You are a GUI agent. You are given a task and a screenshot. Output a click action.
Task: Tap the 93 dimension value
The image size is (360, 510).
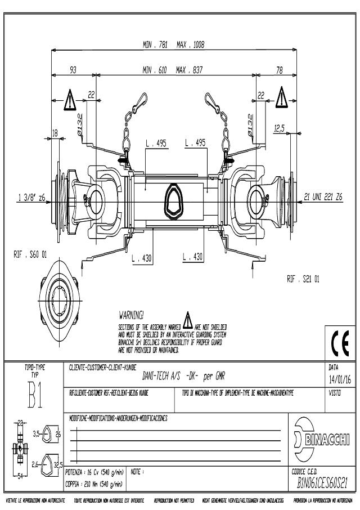pyautogui.click(x=73, y=70)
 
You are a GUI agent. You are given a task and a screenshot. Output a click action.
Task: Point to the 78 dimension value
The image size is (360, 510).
pyautogui.click(x=280, y=70)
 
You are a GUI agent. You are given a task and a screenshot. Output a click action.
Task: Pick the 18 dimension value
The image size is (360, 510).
pyautogui.click(x=55, y=133)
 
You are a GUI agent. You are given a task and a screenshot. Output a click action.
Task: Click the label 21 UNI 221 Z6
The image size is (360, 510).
pyautogui.click(x=322, y=197)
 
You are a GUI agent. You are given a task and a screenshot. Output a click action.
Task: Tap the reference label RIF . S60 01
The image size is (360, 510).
pyautogui.click(x=31, y=254)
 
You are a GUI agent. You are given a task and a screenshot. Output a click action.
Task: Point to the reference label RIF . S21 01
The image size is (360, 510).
pyautogui.click(x=303, y=278)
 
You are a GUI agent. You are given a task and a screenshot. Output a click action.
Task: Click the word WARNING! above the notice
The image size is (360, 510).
pyautogui.click(x=132, y=314)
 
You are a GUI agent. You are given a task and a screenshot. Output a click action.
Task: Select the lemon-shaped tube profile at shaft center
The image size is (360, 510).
pyautogui.click(x=173, y=199)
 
